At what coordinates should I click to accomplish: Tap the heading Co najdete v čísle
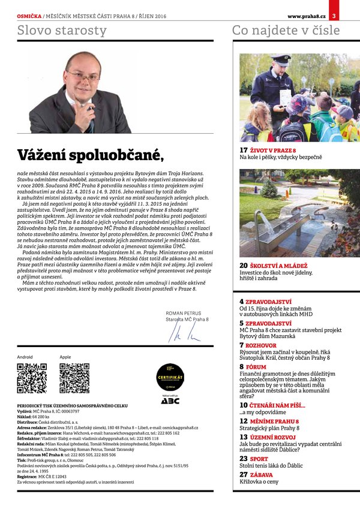click(x=286, y=31)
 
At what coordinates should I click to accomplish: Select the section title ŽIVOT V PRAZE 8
click(x=273, y=150)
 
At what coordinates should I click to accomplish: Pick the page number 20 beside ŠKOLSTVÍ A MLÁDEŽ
click(x=244, y=266)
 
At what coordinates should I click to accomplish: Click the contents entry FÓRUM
click(x=256, y=366)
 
